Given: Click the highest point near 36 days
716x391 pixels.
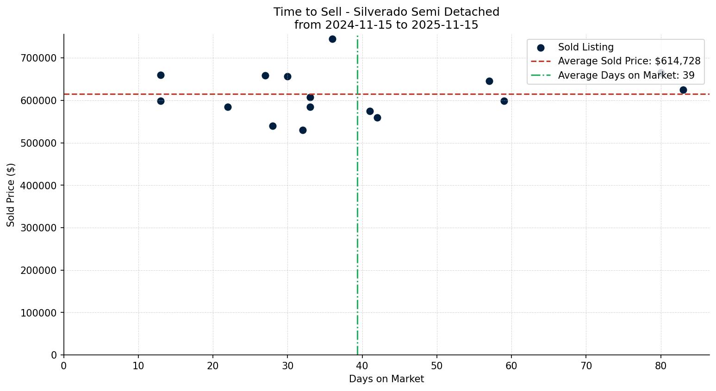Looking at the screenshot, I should [x=332, y=39].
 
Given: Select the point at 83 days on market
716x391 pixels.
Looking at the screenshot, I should [x=683, y=90].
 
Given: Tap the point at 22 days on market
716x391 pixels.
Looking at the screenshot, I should [x=228, y=107].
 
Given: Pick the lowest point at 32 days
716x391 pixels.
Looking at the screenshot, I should [x=303, y=130].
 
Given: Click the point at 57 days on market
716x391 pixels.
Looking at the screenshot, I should [x=489, y=81].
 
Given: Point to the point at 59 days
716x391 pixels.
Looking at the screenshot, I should [x=504, y=101].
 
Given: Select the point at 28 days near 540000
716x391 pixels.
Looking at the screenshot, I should [x=273, y=126].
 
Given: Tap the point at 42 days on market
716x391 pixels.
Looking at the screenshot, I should [x=377, y=118].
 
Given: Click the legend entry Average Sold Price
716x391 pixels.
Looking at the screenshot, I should [x=629, y=61].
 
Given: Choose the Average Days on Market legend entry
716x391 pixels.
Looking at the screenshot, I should [x=626, y=75].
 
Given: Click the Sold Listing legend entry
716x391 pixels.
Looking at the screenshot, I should [x=585, y=47].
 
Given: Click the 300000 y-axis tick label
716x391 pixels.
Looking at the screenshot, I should [x=38, y=228].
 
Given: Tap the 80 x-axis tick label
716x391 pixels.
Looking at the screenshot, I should [x=661, y=366].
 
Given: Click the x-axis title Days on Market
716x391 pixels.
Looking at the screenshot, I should [x=386, y=379].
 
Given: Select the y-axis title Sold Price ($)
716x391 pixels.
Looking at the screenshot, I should [x=11, y=195].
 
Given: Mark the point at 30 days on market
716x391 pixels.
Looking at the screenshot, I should [x=287, y=76].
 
